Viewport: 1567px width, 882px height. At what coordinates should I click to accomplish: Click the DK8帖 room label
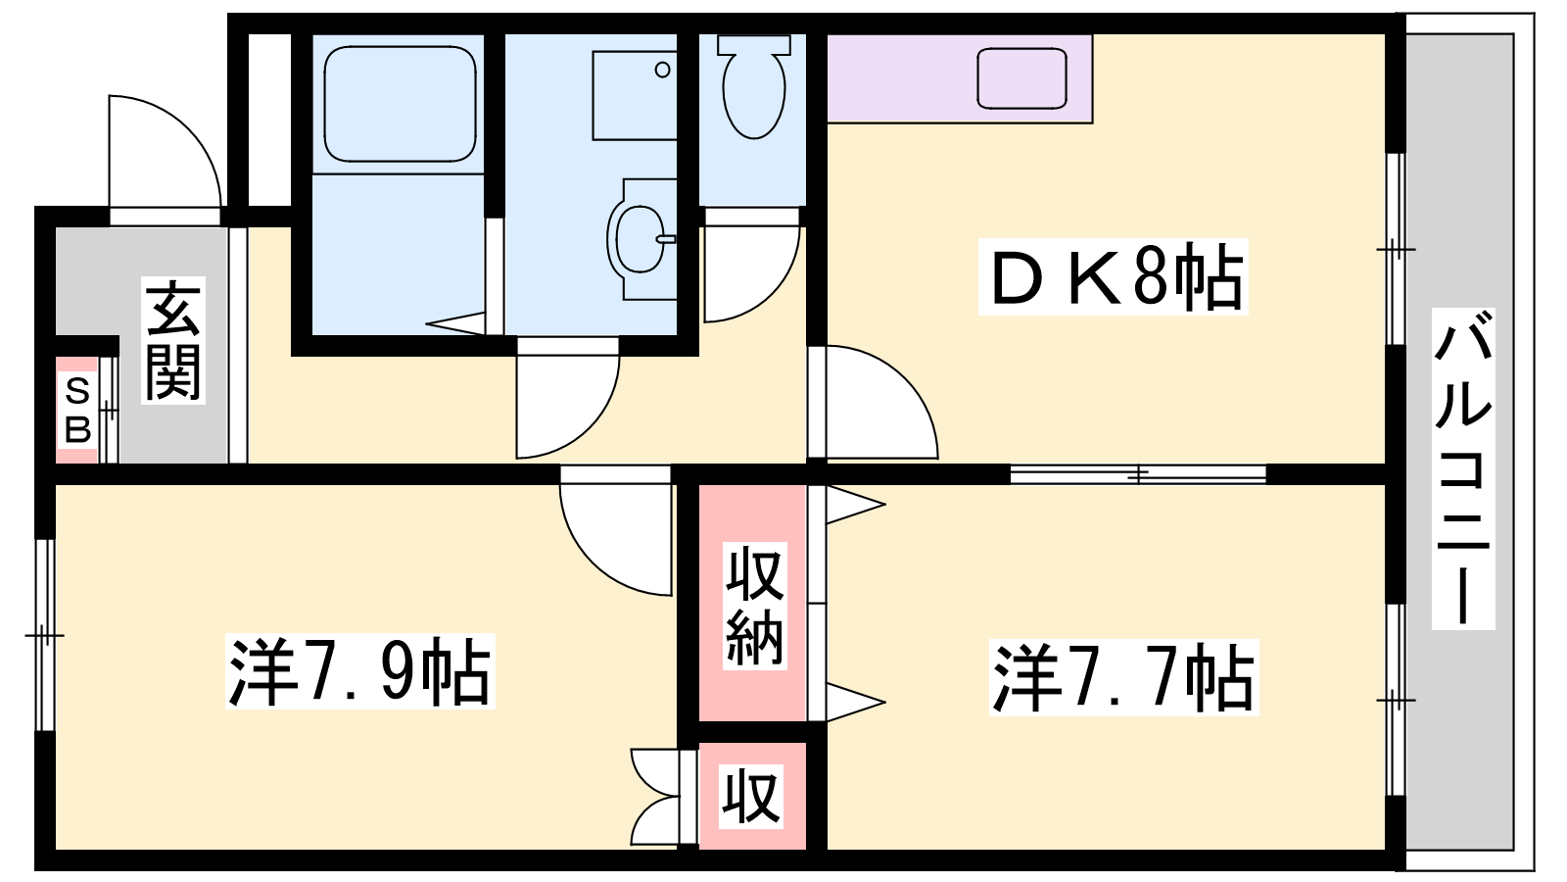tap(1114, 275)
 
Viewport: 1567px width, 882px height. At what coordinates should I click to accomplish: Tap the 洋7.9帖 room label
tap(360, 671)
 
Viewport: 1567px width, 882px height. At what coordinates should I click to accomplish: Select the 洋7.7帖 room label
tap(1123, 677)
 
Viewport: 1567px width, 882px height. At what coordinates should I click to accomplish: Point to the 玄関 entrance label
tap(172, 340)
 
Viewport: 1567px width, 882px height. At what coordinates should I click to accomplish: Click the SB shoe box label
tap(77, 411)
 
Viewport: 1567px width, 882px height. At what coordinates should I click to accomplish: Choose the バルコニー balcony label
tap(1463, 468)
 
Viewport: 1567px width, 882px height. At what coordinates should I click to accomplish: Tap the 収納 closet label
tap(755, 606)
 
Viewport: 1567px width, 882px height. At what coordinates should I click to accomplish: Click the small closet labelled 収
tap(752, 797)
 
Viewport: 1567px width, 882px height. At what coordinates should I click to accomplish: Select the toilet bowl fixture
tap(753, 86)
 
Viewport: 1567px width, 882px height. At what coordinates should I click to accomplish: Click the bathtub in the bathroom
tap(401, 104)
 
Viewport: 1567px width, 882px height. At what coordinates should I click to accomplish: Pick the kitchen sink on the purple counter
tap(1021, 77)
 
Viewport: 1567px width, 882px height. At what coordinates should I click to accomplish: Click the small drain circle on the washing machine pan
tap(662, 70)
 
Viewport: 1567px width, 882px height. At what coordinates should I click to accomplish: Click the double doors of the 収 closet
tap(655, 797)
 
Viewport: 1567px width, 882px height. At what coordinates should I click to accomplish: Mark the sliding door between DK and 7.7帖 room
tap(1138, 474)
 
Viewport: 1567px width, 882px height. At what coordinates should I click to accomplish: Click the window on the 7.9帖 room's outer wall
tap(45, 635)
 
